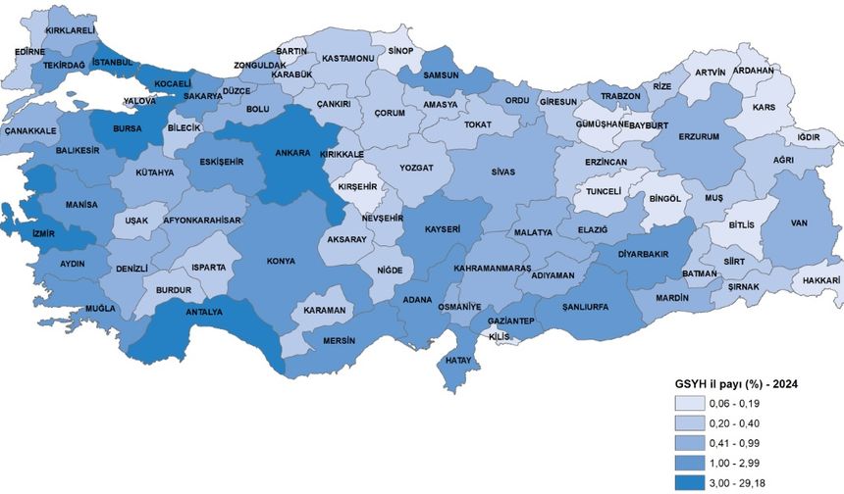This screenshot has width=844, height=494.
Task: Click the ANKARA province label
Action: click(x=293, y=153)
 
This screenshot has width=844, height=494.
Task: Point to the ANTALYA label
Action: click(x=205, y=312)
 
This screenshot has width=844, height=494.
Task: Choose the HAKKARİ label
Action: click(x=821, y=279)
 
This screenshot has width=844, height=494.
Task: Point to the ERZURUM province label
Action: click(x=684, y=137)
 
